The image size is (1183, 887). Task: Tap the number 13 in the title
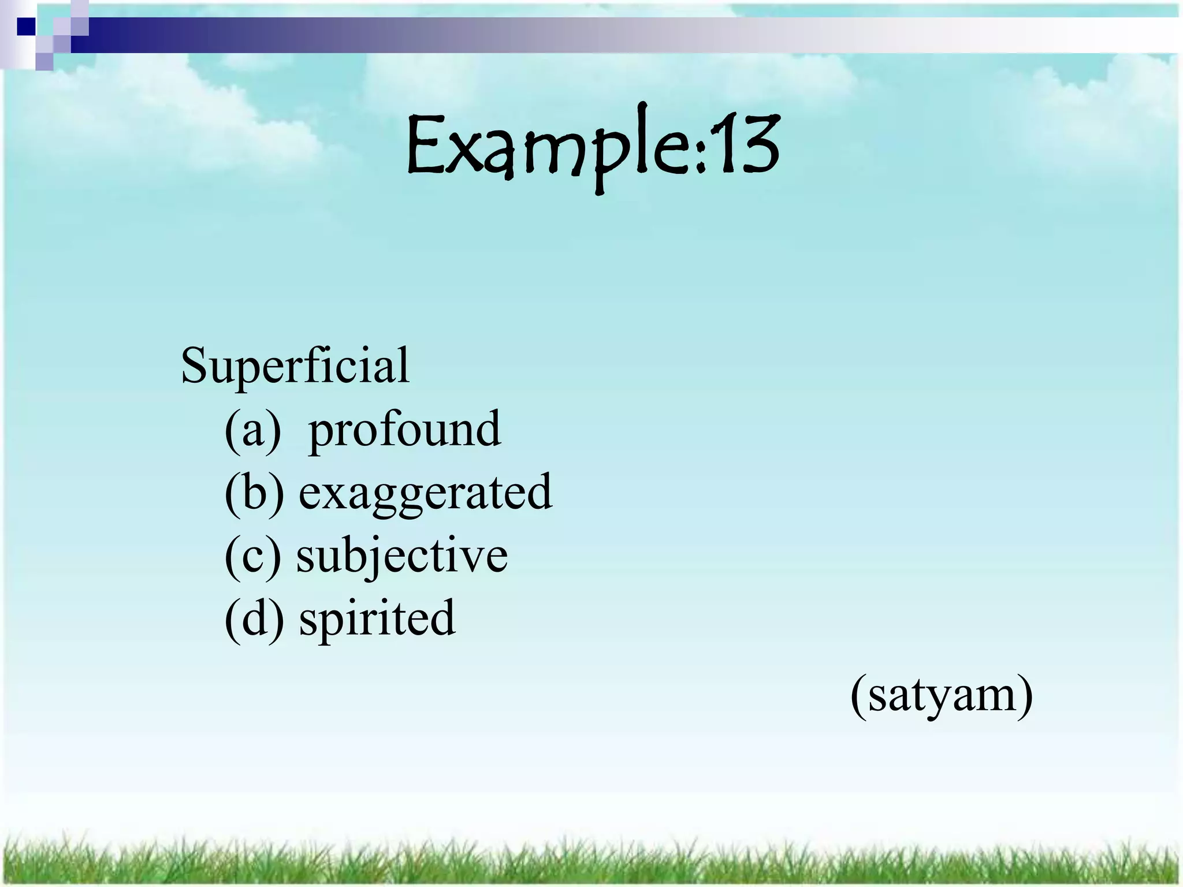coord(745,144)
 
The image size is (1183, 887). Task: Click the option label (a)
coord(252,430)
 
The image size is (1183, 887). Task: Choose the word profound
coord(404,430)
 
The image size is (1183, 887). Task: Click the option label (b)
coord(254,493)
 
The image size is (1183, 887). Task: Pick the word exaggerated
coord(426,493)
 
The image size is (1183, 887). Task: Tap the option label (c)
coord(252,556)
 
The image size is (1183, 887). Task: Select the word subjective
coord(402,556)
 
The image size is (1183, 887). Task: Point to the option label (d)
coord(254,618)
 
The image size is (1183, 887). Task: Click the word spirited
coord(377,618)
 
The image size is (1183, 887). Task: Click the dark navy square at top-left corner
coord(26,27)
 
